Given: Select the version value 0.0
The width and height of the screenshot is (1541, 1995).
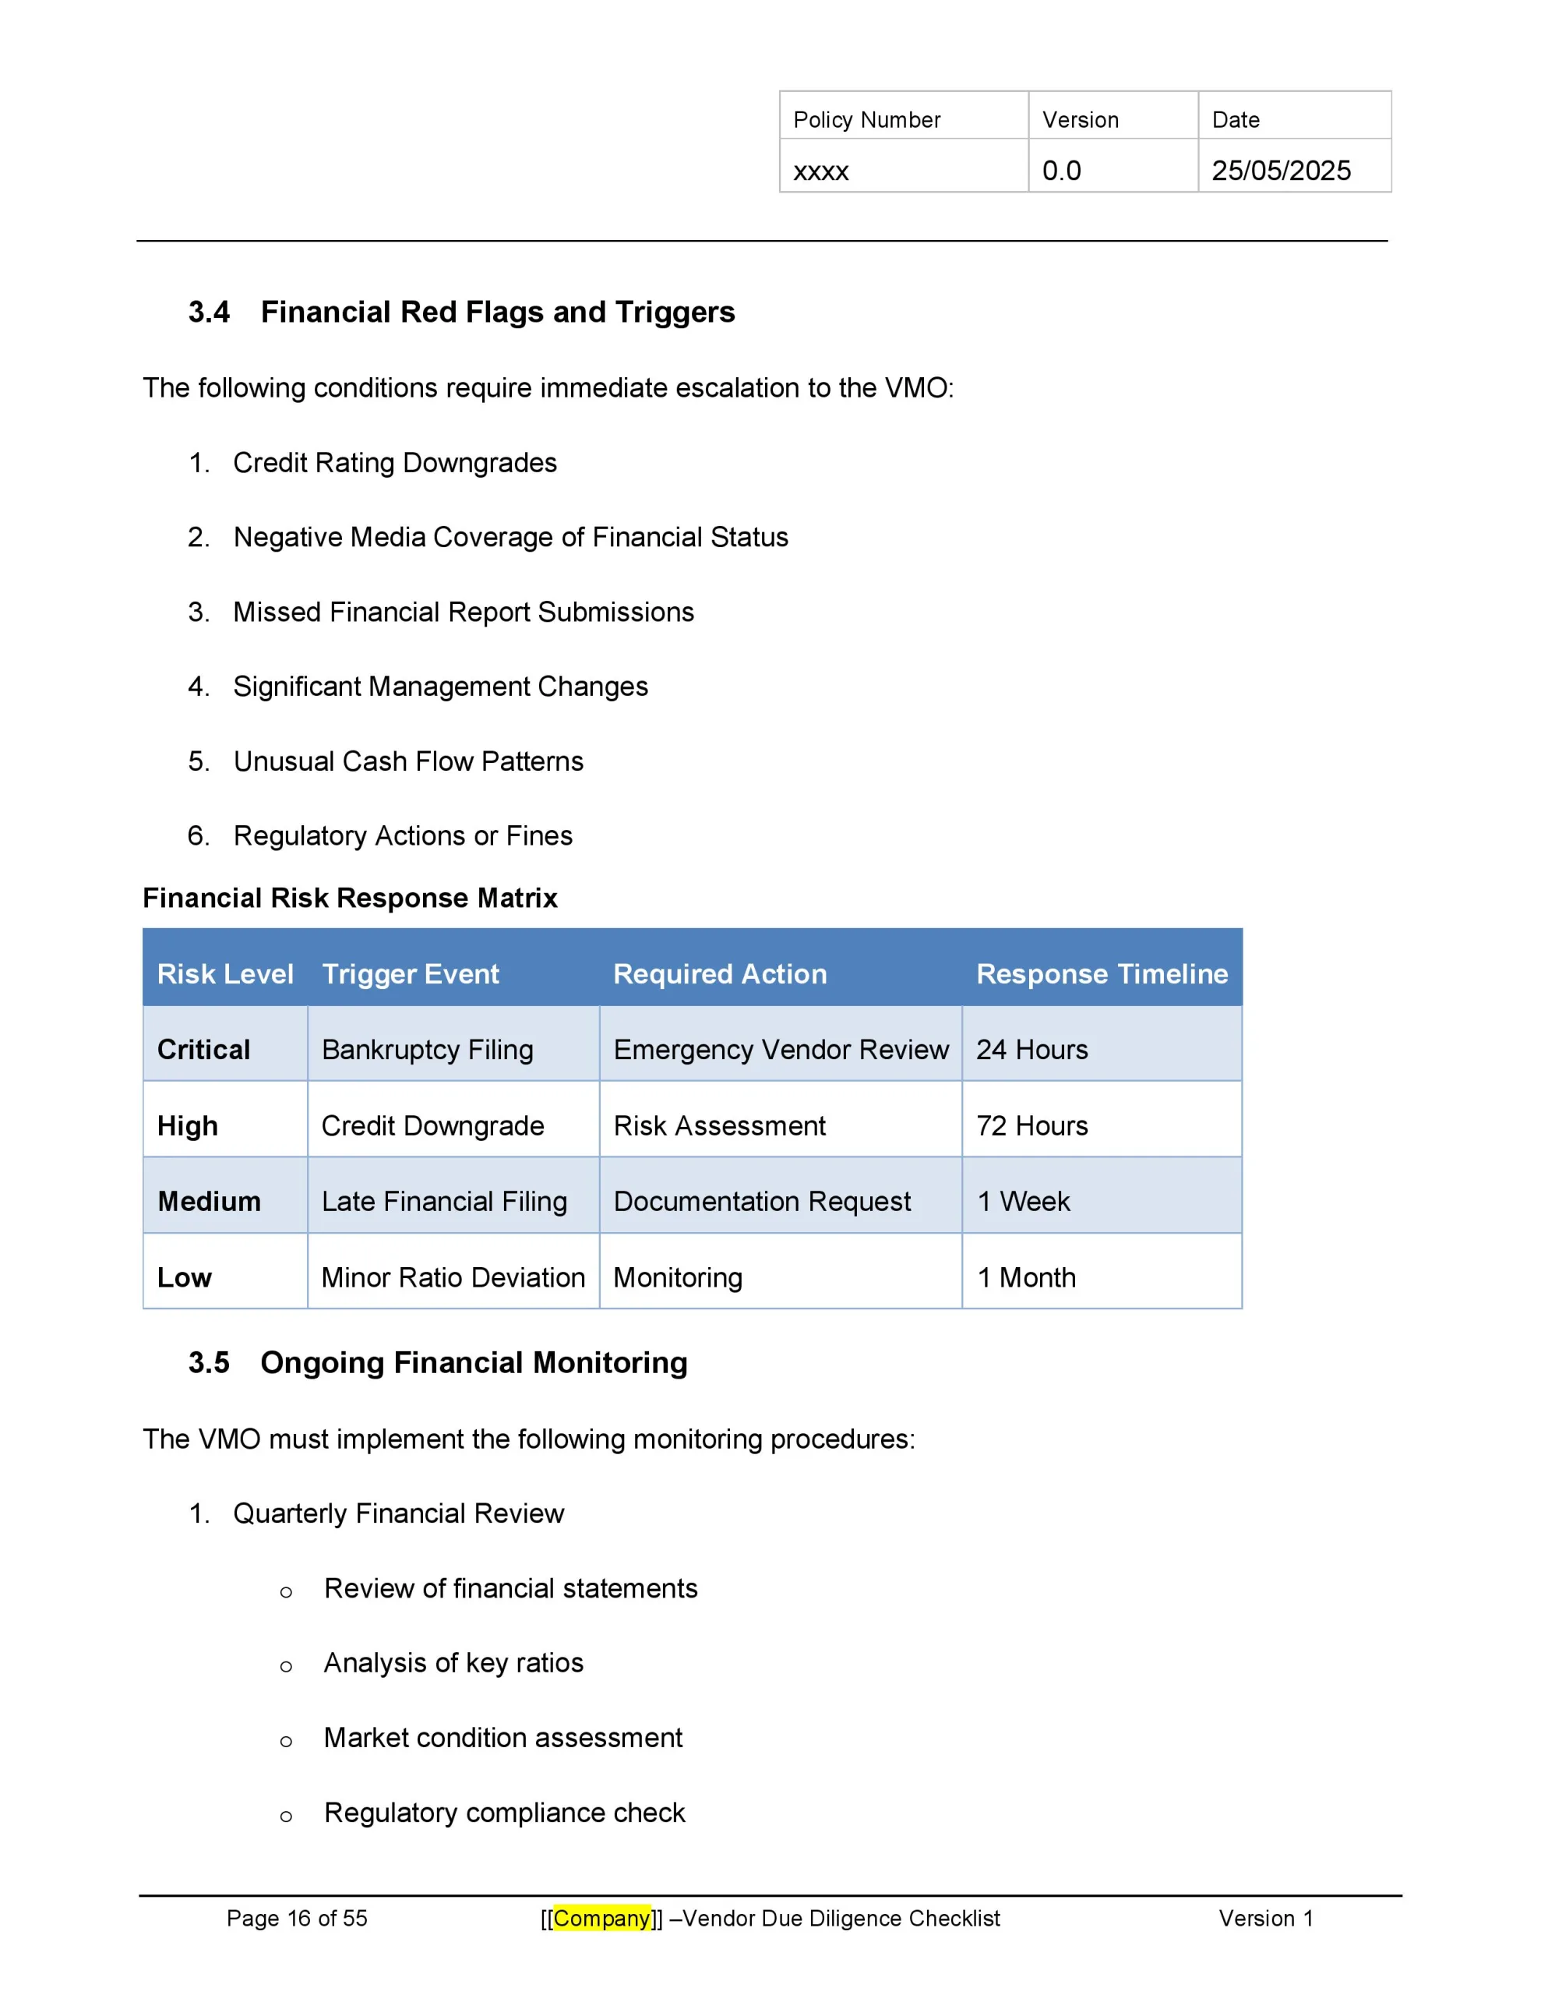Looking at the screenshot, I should (x=1060, y=171).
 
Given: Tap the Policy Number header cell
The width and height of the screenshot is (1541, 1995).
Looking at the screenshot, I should (x=866, y=120).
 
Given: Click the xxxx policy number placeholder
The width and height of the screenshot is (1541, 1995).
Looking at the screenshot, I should (x=820, y=171).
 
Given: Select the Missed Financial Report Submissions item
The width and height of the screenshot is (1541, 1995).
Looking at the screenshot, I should (x=463, y=612).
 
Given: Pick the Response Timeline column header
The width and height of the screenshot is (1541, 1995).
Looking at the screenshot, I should (x=1101, y=974).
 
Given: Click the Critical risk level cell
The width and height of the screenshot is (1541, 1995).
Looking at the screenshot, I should (x=203, y=1050).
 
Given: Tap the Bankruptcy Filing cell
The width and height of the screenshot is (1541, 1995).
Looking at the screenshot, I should (x=427, y=1050).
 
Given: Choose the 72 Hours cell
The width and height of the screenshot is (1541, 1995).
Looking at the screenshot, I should (x=1031, y=1125).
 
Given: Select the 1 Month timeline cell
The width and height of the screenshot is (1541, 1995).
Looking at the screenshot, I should (x=1026, y=1277).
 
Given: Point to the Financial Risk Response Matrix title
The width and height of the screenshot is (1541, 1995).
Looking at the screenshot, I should (x=350, y=898).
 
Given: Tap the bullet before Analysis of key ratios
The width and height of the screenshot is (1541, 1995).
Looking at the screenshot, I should (x=286, y=1666).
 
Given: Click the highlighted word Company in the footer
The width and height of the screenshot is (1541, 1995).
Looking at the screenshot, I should (x=601, y=1919).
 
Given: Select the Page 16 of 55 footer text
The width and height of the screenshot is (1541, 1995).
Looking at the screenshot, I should (x=297, y=1919).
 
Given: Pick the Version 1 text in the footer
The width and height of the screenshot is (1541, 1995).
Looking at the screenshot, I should (x=1265, y=1919).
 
